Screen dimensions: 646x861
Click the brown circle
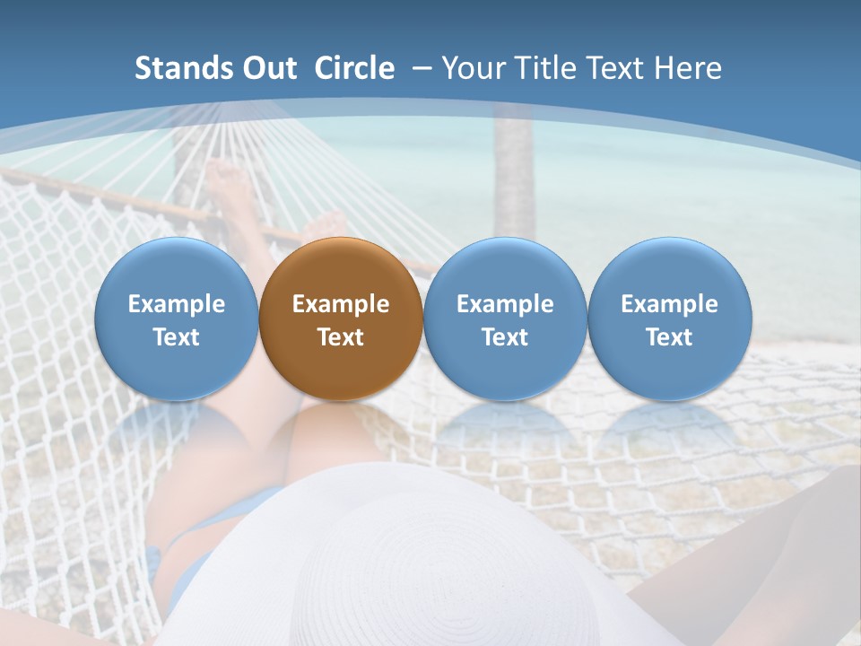[x=341, y=319]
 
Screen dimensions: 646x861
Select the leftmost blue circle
[x=176, y=319]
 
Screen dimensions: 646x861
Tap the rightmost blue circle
[x=669, y=319]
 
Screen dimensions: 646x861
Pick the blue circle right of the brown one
[x=505, y=319]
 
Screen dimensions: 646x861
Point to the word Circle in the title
[x=354, y=68]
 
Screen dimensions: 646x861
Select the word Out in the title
[x=269, y=68]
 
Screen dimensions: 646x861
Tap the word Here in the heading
[x=688, y=68]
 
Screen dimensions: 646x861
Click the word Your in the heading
[x=474, y=68]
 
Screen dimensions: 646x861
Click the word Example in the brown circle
[x=341, y=304]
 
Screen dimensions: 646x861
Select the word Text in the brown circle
[x=341, y=337]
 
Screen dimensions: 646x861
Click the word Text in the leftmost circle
[x=176, y=337]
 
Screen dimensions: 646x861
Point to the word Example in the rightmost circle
[x=669, y=304]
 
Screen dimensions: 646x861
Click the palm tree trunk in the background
[x=513, y=179]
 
